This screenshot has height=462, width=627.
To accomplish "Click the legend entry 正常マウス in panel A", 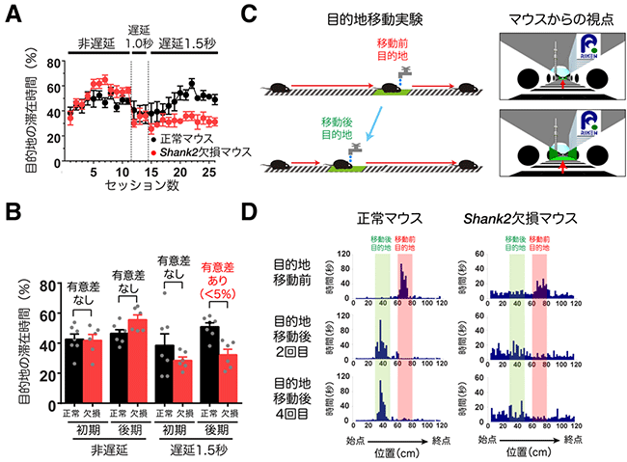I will coord(188,139).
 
